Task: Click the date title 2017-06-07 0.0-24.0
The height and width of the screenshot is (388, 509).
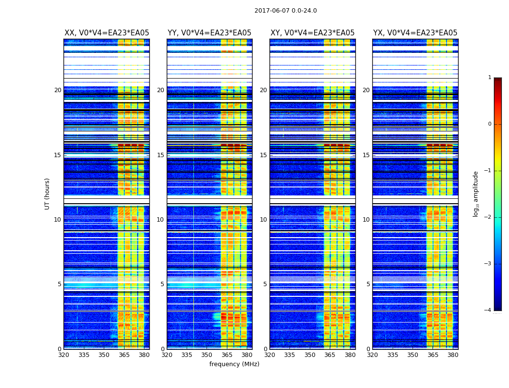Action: [x=286, y=11]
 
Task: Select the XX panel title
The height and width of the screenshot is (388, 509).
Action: [x=107, y=33]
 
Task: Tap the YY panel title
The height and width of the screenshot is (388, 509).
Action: [x=209, y=33]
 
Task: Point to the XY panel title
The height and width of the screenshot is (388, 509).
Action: [x=312, y=33]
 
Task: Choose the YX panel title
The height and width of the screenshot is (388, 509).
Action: [x=415, y=33]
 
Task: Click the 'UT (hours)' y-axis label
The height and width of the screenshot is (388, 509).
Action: [x=48, y=194]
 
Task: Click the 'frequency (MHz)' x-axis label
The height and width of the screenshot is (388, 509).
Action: [x=234, y=364]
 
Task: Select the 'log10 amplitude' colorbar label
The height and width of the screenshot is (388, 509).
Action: [x=476, y=194]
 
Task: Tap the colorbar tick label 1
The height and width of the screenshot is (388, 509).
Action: [x=490, y=78]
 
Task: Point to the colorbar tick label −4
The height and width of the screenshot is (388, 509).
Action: [x=488, y=310]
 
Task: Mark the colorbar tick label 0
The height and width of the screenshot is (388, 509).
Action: [x=490, y=124]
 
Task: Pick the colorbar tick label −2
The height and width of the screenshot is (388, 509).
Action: [x=488, y=217]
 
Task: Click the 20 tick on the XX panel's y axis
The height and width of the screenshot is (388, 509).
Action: [x=58, y=90]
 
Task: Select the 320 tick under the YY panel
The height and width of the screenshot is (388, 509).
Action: [x=167, y=355]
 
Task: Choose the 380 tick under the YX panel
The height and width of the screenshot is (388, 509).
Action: [x=453, y=355]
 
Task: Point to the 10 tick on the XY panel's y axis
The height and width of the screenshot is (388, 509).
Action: [x=263, y=220]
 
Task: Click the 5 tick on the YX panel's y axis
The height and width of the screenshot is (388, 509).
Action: [x=368, y=284]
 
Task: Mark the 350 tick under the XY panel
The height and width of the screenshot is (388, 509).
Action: [x=310, y=355]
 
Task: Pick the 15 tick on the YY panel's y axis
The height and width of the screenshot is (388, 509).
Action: [x=160, y=155]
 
